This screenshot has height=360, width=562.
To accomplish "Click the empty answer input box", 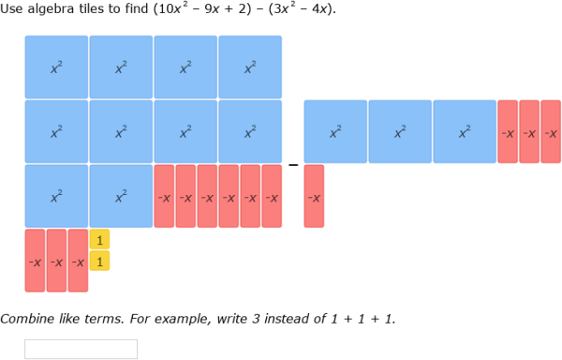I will pyautogui.click(x=81, y=349).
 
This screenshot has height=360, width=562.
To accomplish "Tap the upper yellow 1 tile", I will pyautogui.click(x=99, y=240).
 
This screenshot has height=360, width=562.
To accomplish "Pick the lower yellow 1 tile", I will pyautogui.click(x=99, y=262).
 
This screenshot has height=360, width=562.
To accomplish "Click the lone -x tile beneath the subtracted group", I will pyautogui.click(x=314, y=196).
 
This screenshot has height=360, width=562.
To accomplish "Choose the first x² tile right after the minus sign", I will pyautogui.click(x=335, y=132).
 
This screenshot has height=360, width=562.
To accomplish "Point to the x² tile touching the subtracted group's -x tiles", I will pyautogui.click(x=465, y=132).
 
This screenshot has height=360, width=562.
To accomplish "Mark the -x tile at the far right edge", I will pyautogui.click(x=551, y=132).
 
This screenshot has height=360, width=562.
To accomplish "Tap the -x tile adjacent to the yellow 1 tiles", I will pyautogui.click(x=78, y=261).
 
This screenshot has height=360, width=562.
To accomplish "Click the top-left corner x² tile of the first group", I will pyautogui.click(x=56, y=67).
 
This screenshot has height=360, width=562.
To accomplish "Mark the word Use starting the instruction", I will pyautogui.click(x=12, y=8).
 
